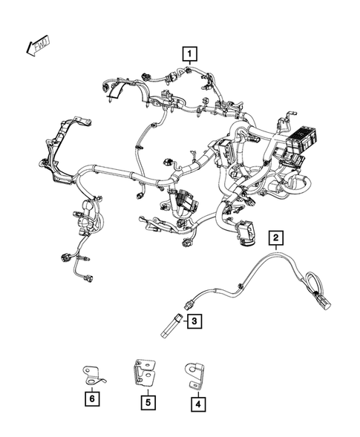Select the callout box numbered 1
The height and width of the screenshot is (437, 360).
(x=191, y=53)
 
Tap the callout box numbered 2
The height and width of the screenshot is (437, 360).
(x=275, y=237)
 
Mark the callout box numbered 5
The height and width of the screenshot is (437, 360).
(x=148, y=404)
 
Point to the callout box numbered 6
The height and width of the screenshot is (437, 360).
(x=92, y=400)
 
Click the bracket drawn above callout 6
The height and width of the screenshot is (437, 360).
(x=94, y=374)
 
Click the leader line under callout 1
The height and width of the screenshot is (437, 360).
(x=191, y=65)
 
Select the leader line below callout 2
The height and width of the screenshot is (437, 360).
(x=275, y=250)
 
